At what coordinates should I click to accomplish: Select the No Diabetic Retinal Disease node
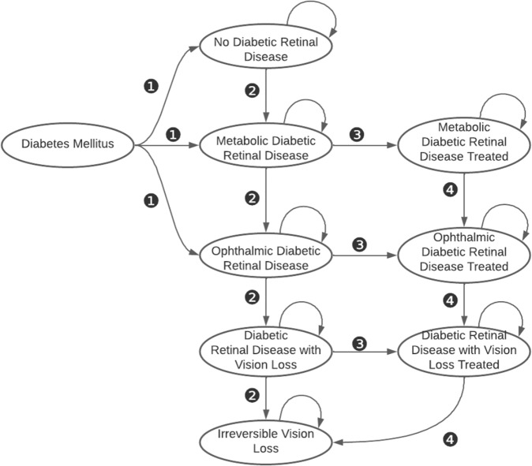click(266, 49)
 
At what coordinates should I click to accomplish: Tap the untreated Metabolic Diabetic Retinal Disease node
click(266, 147)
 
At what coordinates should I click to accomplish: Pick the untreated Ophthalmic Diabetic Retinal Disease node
click(266, 257)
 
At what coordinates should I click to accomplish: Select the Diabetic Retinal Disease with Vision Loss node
click(266, 348)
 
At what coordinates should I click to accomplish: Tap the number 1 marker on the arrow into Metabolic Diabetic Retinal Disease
click(174, 135)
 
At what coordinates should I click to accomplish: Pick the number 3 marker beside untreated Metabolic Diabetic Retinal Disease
click(356, 135)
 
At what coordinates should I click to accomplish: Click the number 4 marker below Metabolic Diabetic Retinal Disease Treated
click(448, 191)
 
